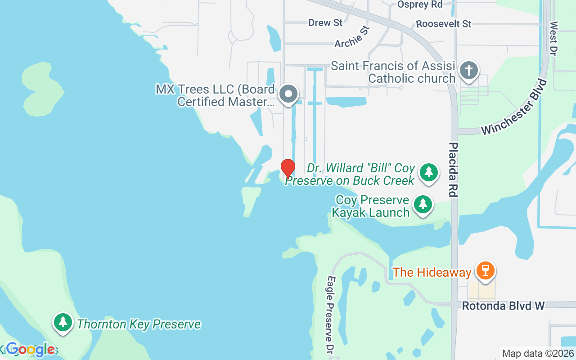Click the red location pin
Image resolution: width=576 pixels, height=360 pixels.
(x=288, y=168)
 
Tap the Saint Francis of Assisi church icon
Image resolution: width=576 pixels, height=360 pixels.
(x=469, y=71)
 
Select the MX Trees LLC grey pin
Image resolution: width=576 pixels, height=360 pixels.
(x=288, y=94)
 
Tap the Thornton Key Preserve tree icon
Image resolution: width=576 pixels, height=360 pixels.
(x=63, y=323)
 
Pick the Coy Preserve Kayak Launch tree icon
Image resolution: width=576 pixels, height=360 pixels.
(x=423, y=205)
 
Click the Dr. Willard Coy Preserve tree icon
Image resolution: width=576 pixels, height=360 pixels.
(x=429, y=172)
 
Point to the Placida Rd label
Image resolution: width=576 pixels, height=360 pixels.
(x=453, y=170)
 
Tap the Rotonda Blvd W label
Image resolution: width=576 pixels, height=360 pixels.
(x=504, y=306)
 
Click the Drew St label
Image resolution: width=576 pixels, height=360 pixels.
(x=325, y=22)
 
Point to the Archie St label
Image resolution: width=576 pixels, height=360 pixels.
(x=352, y=37)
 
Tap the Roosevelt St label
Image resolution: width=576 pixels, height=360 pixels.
(x=443, y=24)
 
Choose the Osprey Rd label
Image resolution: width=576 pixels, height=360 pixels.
(x=420, y=4)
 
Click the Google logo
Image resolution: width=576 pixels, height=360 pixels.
(x=31, y=349)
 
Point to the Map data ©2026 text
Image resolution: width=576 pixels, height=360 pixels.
(x=538, y=354)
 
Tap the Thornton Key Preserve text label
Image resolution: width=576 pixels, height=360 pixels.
(x=139, y=324)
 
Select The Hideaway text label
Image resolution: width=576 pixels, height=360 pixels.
(x=432, y=272)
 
